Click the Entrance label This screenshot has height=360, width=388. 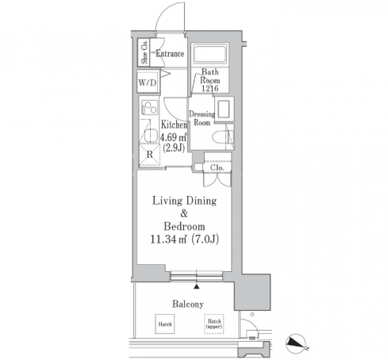pos(170,54)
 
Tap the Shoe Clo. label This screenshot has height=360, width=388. pos(144,52)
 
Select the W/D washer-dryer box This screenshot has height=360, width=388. pos(148,82)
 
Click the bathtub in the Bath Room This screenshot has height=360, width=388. pos(210,54)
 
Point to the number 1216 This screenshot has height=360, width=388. pos(210,88)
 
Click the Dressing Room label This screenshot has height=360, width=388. pos(202,118)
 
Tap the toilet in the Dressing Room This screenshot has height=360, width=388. pos(223,137)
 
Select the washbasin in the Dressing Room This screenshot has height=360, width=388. pos(225,109)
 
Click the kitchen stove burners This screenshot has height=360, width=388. pos(150,107)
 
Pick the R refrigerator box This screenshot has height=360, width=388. pos(149,155)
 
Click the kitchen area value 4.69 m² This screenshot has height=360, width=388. pos(174,137)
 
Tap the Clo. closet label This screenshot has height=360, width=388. pos(217,167)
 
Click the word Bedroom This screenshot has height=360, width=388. pos(184,227)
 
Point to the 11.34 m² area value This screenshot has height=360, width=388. pos(169,239)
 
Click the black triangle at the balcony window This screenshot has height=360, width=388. pos(196,286)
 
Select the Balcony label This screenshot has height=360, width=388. pos(188,304)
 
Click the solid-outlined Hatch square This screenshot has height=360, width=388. pos(165,324)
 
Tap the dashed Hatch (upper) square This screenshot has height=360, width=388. pos(214,324)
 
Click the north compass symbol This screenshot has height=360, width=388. pos(296,343)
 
